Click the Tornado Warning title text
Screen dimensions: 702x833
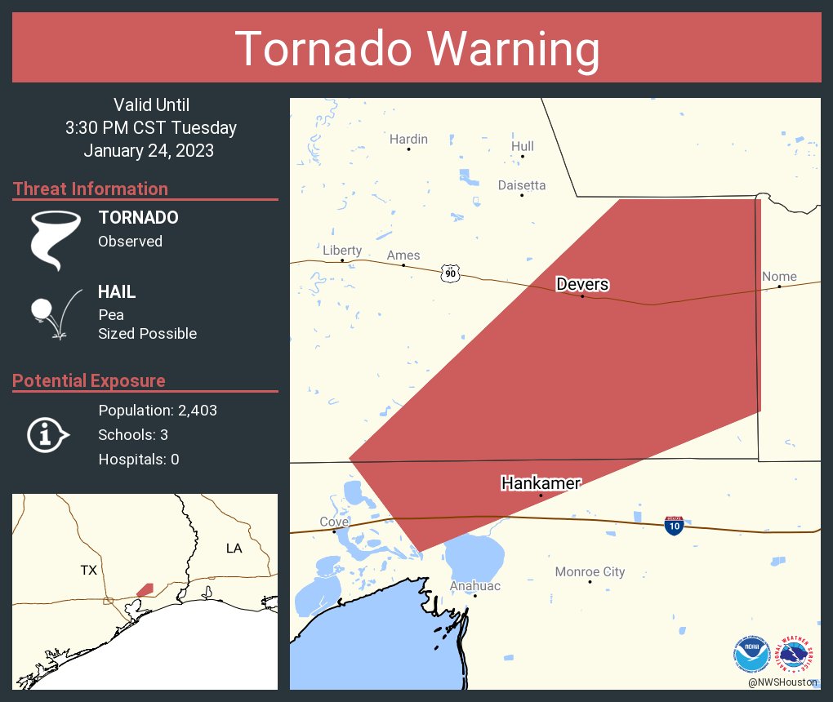[x=416, y=49]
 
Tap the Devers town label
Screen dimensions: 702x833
[x=582, y=284]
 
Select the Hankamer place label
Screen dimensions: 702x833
[x=541, y=483]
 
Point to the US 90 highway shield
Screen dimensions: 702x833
[x=450, y=273]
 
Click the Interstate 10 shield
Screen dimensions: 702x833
[x=674, y=526]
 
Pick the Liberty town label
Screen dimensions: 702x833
[x=341, y=251]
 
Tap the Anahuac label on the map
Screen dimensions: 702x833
[x=474, y=586]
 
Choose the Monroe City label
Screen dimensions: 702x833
[x=590, y=571]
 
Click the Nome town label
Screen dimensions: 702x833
[x=778, y=277]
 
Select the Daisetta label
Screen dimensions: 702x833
[x=522, y=185]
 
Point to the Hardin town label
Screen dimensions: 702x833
[x=408, y=140]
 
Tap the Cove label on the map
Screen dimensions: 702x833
[x=334, y=522]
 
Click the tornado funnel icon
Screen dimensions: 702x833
[x=56, y=239]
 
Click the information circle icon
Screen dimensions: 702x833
[x=47, y=434]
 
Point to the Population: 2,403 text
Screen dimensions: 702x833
[x=158, y=411]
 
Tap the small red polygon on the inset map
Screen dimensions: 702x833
[x=145, y=589]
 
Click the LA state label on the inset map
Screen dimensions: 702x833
[x=234, y=549]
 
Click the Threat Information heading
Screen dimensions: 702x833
[x=91, y=189]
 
